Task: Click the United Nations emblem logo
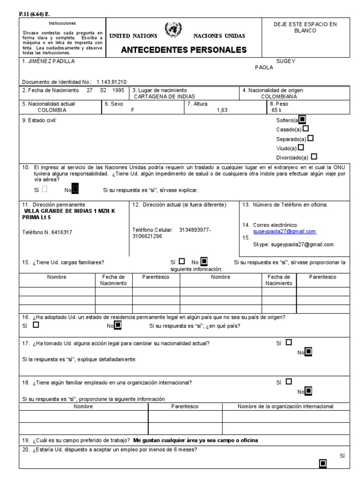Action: click(173, 30)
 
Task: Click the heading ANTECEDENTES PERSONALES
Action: click(184, 50)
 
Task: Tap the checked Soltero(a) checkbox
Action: click(302, 120)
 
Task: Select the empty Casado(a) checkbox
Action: click(306, 129)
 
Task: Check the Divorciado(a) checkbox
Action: click(314, 157)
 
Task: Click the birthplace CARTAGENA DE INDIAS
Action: click(161, 97)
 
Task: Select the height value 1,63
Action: click(222, 111)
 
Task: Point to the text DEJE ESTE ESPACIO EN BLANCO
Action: click(305, 27)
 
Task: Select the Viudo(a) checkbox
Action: click(301, 148)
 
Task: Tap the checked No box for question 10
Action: click(76, 190)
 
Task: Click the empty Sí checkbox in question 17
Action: click(288, 343)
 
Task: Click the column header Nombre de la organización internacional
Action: click(285, 406)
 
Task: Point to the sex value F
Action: click(133, 111)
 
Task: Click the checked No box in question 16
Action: click(118, 325)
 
